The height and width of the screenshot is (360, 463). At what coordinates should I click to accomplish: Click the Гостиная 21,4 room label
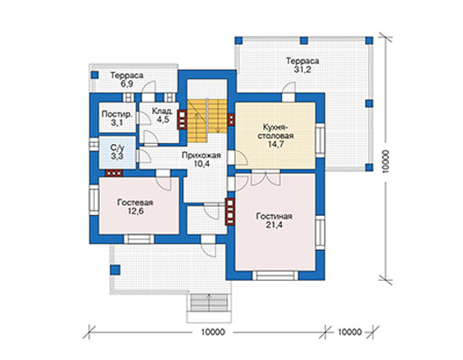[274, 220]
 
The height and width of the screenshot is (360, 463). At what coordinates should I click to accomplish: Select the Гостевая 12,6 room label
[135, 207]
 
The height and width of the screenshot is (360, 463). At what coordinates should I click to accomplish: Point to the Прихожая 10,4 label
[201, 159]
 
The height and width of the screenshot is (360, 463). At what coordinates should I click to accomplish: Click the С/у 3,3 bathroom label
[117, 152]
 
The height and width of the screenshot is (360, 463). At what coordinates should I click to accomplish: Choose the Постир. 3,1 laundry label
[116, 118]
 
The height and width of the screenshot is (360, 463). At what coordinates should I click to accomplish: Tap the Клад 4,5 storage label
[162, 115]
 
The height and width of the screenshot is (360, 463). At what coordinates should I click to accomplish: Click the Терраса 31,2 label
[303, 65]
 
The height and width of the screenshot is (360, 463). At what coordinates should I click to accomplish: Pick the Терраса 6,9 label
[127, 79]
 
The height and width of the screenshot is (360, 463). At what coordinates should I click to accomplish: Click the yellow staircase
[207, 121]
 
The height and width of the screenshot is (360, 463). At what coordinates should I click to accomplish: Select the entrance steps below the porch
[209, 303]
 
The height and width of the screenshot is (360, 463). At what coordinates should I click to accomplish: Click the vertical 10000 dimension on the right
[386, 161]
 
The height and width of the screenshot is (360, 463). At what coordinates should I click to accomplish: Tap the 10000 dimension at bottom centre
[213, 332]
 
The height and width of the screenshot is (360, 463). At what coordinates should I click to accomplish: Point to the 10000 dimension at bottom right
[350, 332]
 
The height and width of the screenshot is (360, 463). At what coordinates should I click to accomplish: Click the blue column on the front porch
[115, 270]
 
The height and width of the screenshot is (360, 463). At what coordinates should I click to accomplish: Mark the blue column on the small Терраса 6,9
[95, 75]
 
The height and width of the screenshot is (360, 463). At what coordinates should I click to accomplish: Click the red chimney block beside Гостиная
[230, 211]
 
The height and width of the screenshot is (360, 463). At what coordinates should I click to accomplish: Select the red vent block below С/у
[113, 173]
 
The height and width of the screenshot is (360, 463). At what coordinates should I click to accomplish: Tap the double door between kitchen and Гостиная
[266, 177]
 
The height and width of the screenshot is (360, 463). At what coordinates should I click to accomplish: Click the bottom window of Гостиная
[275, 275]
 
